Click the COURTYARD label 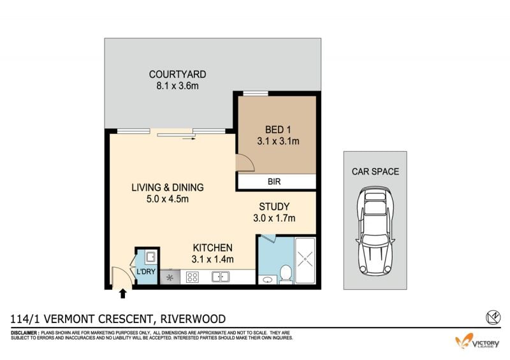(177, 75)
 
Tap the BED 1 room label (278, 130)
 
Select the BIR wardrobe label (274, 182)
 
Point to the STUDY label (274, 206)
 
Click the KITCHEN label (213, 248)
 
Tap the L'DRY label (146, 271)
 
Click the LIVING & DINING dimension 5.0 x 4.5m (168, 199)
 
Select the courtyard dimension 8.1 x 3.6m (177, 86)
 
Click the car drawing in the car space (375, 231)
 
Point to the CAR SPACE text (375, 171)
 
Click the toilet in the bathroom (286, 273)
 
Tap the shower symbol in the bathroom (305, 259)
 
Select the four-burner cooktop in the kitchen (193, 277)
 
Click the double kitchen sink (221, 277)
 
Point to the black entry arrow (122, 294)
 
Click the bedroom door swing (245, 162)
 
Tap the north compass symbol (493, 317)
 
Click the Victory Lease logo (477, 341)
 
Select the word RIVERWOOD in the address (193, 319)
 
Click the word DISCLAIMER (25, 333)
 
